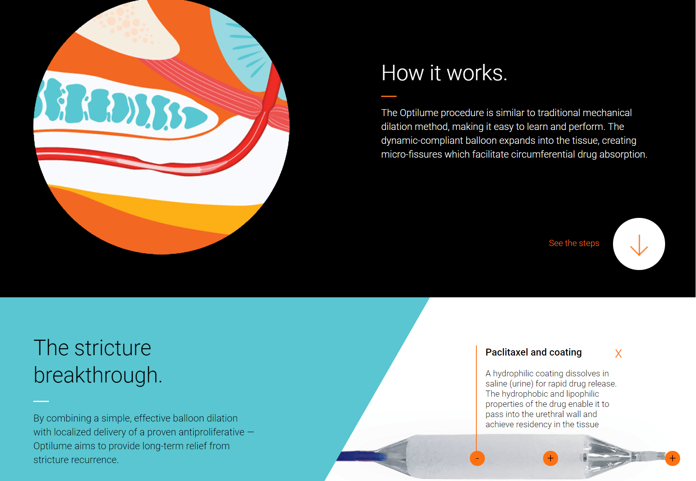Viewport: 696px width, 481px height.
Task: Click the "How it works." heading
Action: tap(444, 73)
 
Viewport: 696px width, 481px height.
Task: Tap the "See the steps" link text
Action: tap(574, 243)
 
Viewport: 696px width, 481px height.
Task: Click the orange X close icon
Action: tap(618, 354)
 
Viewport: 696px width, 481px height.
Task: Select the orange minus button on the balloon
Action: tap(477, 458)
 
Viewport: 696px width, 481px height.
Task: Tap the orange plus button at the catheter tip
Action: tap(672, 458)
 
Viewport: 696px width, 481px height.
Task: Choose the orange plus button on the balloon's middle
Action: tap(550, 458)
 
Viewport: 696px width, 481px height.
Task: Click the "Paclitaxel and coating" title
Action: tap(534, 352)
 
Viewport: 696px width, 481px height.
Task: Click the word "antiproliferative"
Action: tap(211, 432)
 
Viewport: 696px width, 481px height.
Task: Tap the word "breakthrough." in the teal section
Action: tap(98, 375)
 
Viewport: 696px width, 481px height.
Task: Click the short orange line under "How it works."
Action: tap(389, 97)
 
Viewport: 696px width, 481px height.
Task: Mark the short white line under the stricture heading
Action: tap(41, 401)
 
